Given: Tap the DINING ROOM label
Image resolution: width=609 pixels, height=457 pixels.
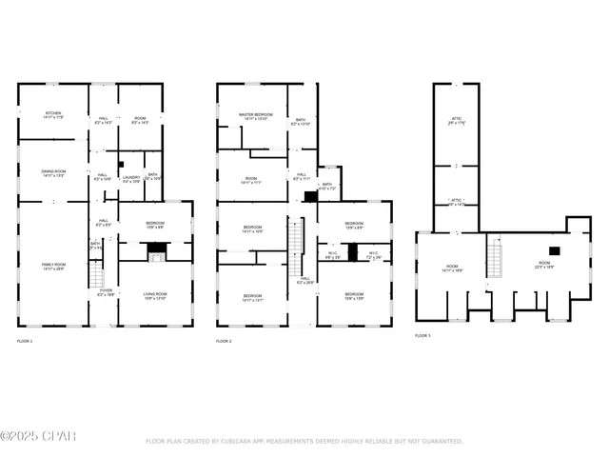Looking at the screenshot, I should [x=52, y=173].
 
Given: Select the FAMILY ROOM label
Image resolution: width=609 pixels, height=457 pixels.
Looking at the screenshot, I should [x=52, y=267].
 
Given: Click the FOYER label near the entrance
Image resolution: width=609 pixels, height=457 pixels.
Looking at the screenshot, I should [x=106, y=292].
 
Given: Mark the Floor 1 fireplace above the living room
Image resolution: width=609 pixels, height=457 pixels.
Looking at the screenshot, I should [x=155, y=250].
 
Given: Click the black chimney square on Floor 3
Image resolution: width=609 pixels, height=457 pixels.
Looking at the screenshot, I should [x=555, y=250].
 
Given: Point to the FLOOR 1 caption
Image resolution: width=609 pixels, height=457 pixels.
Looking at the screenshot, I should [x=25, y=341].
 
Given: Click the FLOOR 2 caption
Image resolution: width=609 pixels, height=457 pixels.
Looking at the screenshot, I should [x=225, y=341].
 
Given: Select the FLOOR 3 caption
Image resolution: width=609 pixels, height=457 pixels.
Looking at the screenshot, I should [x=423, y=335].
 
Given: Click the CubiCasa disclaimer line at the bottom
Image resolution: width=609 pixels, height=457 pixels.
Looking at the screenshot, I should [x=304, y=442].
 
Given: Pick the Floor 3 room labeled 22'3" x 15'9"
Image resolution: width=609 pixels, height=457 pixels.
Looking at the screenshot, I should [x=544, y=265].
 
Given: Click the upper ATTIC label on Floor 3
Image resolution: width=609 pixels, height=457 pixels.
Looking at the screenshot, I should [x=456, y=120].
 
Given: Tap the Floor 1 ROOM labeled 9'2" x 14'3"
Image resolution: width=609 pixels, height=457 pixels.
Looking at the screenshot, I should [x=139, y=120].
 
